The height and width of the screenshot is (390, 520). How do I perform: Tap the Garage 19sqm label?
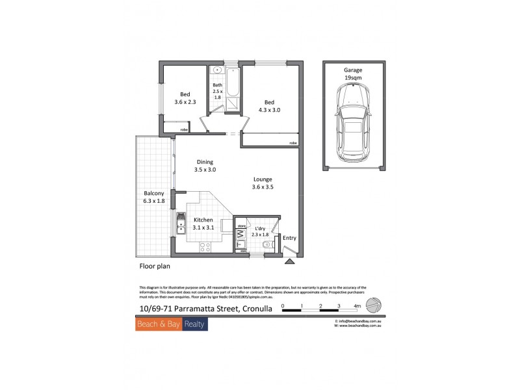353,73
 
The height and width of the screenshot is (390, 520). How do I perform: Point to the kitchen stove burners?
205,246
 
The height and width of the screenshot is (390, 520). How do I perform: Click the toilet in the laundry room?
268,245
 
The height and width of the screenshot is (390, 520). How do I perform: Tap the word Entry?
290,238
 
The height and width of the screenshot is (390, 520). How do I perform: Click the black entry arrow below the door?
289,261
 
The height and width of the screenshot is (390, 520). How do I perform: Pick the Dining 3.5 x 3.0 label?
205,166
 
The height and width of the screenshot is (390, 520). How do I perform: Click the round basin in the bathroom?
218,69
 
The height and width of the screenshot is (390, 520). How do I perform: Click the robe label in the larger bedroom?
292,142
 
